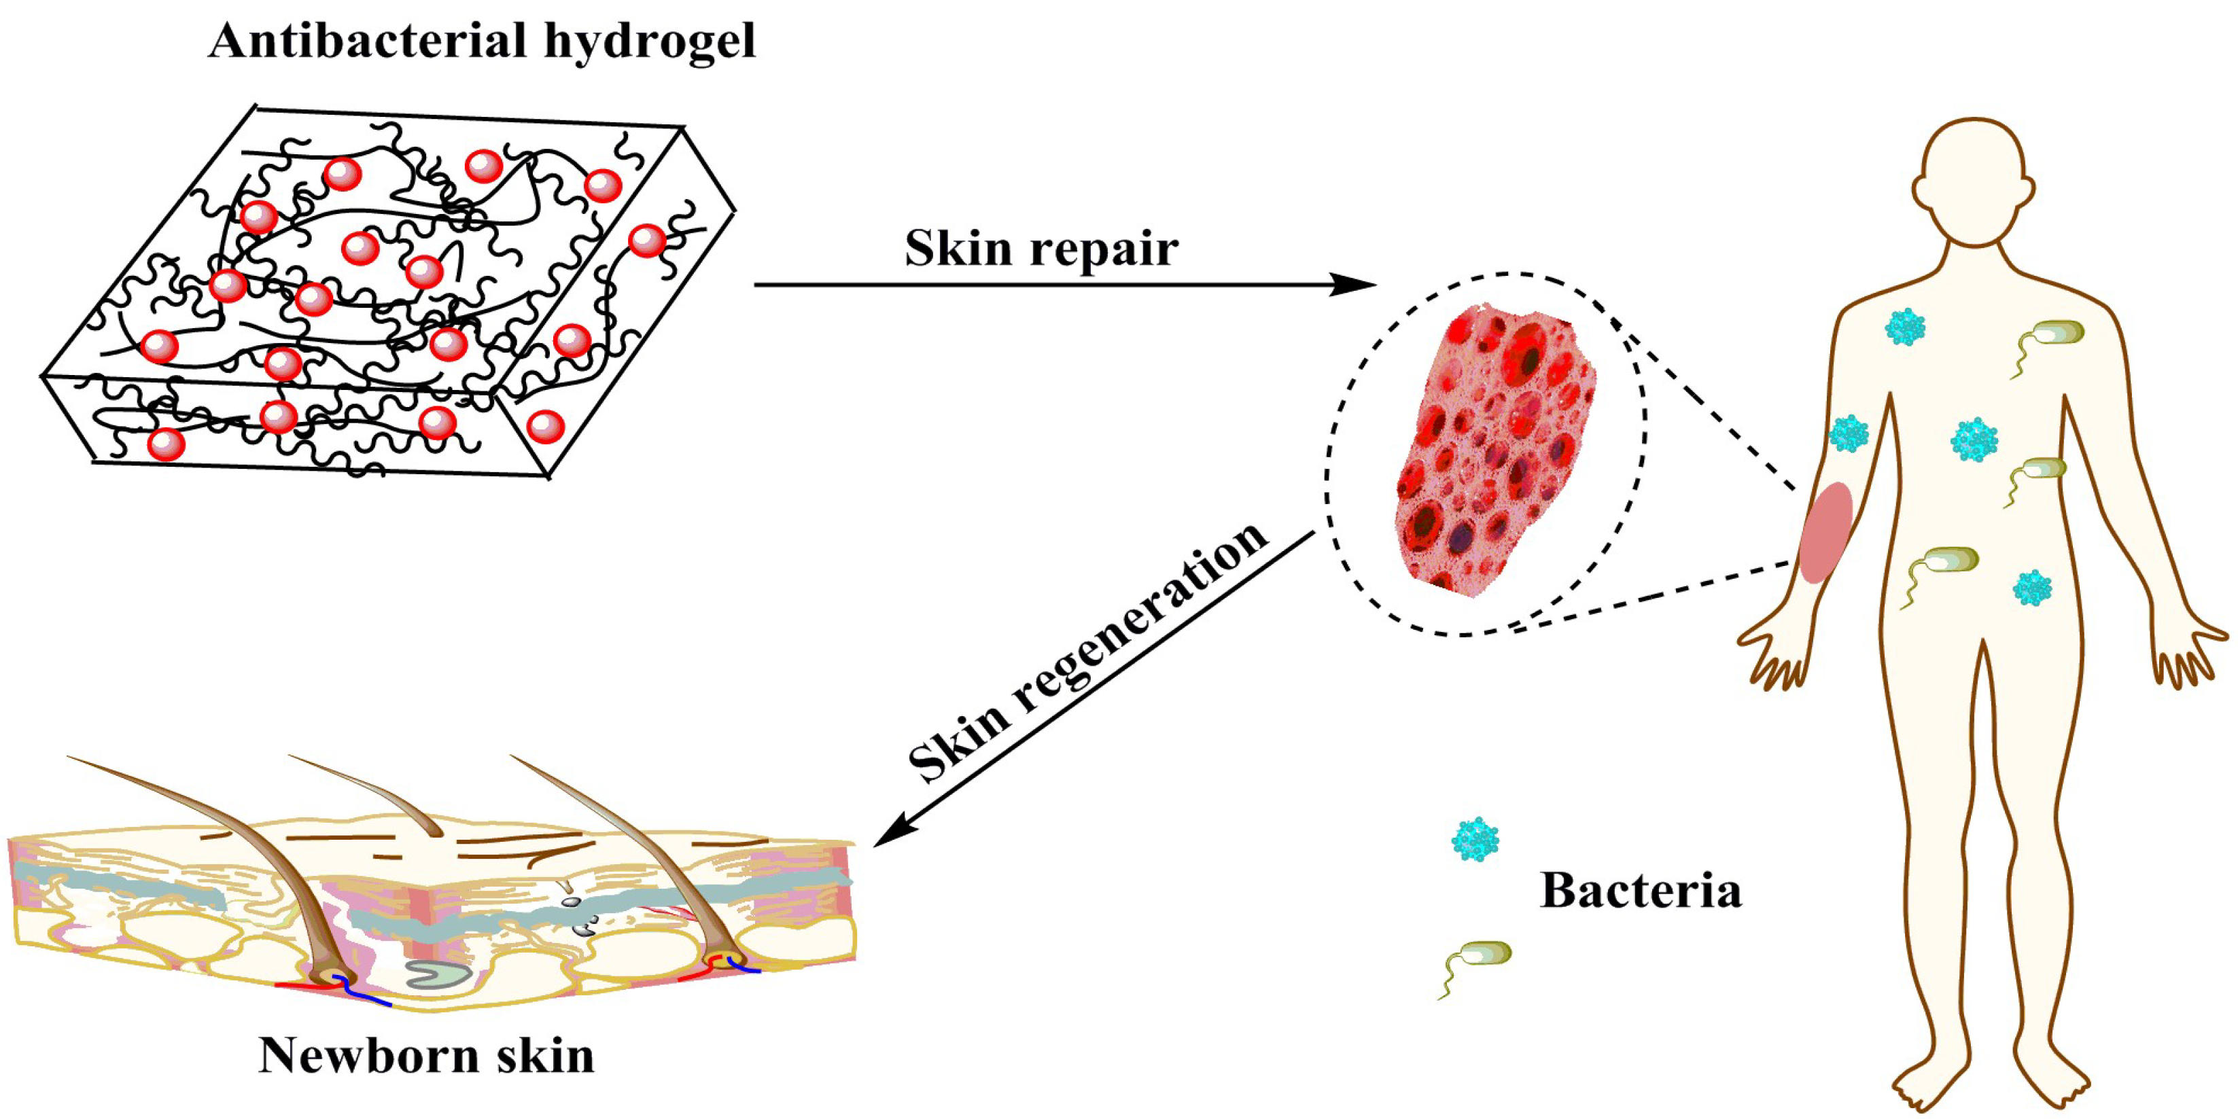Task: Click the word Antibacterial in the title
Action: (368, 41)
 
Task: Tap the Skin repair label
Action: (1041, 249)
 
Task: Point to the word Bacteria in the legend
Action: (1641, 891)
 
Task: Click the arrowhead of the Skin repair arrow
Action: (1355, 284)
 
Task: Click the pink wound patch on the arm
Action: (1825, 532)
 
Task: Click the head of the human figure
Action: (1974, 183)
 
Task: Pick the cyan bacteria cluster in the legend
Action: (1475, 839)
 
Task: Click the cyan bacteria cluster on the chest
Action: (1905, 327)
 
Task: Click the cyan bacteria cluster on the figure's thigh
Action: (2032, 588)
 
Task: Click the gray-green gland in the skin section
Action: (440, 973)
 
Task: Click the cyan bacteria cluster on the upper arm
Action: (1849, 433)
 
